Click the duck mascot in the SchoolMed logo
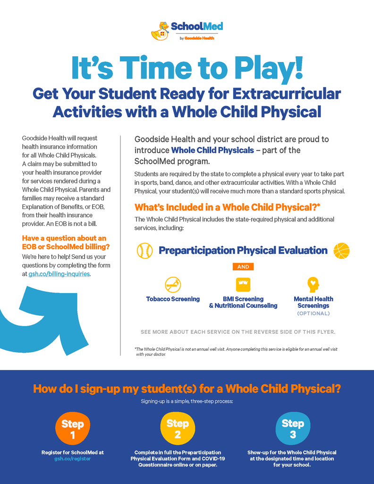click(160, 31)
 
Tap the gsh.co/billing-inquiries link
click(59, 274)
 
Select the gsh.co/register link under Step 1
click(72, 458)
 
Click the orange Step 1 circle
click(72, 428)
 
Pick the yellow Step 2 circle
click(178, 428)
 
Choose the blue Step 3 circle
click(293, 428)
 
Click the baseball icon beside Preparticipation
click(144, 251)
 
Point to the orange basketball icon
click(341, 251)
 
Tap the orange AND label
click(243, 267)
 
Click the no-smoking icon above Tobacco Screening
click(173, 284)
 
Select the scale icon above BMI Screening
click(243, 284)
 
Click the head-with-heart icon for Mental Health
click(313, 285)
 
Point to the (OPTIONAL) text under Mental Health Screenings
click(313, 314)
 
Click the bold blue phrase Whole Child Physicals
click(212, 150)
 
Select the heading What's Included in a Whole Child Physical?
click(227, 207)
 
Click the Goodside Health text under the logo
click(199, 38)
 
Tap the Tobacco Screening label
click(173, 299)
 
